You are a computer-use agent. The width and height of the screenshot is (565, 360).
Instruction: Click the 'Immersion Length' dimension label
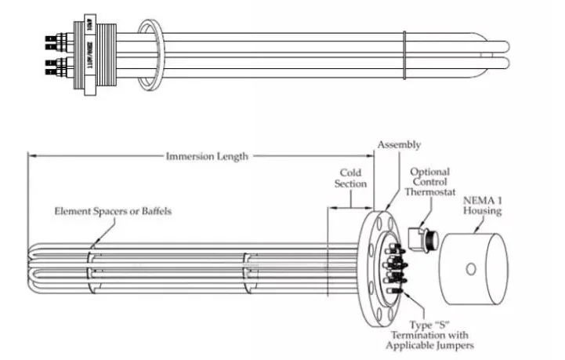click(x=207, y=156)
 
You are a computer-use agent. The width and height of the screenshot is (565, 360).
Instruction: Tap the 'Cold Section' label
click(x=352, y=178)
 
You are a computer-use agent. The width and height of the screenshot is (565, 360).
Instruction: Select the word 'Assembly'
click(x=399, y=144)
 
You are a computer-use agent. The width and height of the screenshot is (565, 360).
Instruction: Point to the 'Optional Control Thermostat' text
click(x=430, y=182)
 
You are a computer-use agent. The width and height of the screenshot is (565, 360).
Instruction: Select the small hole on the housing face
click(x=470, y=269)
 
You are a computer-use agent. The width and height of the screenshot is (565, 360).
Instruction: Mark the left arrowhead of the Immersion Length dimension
click(x=31, y=156)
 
